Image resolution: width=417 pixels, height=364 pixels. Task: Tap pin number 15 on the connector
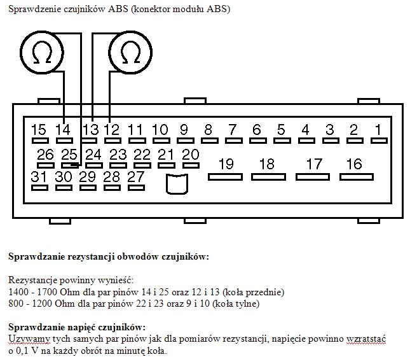39,130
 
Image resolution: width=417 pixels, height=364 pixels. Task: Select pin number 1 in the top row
378,130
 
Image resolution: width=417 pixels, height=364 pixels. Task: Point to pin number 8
208,130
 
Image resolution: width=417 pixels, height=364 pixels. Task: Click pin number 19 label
226,164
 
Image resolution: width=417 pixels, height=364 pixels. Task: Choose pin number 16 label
354,164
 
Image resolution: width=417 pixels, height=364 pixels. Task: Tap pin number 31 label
39,177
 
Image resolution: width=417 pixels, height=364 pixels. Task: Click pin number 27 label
136,177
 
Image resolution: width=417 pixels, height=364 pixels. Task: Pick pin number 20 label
190,155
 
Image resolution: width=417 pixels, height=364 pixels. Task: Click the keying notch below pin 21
176,184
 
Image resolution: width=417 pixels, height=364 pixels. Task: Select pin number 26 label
46,155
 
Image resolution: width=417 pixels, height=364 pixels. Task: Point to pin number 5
281,130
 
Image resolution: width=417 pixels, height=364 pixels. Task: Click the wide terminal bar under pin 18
268,176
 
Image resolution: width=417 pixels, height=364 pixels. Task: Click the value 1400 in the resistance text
20,292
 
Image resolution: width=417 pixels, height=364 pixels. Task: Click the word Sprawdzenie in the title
32,10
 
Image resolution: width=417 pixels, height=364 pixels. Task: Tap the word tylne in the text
244,304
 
